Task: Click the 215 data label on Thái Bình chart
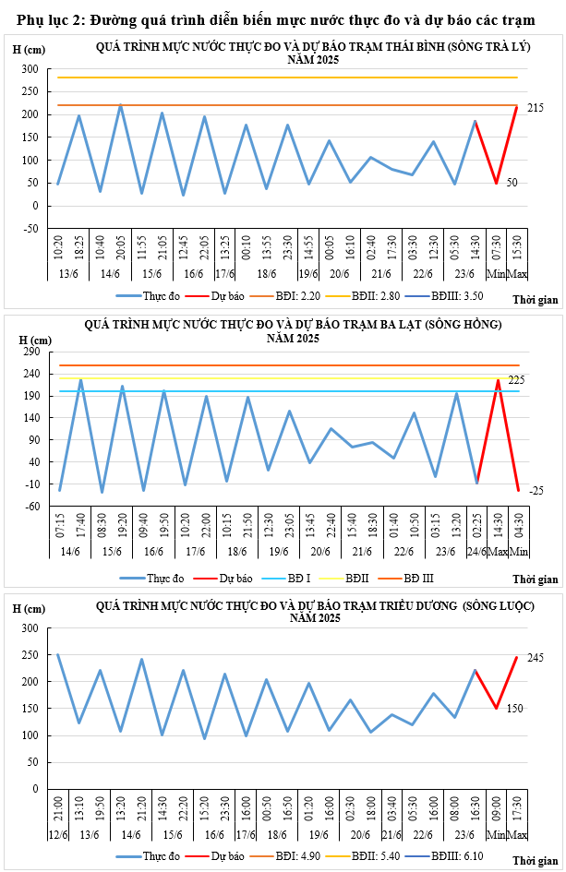536,109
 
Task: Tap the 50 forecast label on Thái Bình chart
512,183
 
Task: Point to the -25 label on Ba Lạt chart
536,491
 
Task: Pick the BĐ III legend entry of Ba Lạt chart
415,579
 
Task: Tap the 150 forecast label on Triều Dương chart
515,709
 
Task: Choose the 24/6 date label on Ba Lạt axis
477,552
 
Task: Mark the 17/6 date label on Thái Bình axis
224,274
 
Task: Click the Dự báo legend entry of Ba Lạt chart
235,579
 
